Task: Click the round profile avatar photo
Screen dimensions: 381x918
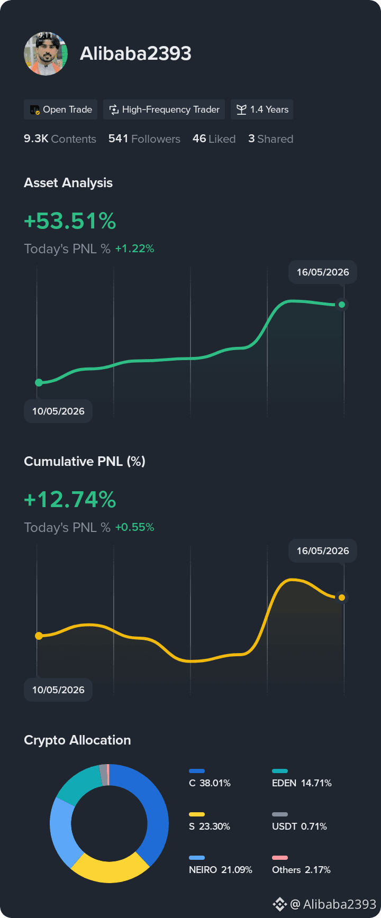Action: [46, 53]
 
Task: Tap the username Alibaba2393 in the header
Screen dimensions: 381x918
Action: [135, 53]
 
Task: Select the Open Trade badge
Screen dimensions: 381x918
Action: [60, 109]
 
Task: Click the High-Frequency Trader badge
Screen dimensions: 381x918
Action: [164, 109]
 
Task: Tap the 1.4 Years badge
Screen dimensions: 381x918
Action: [262, 109]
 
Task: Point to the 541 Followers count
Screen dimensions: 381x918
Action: [144, 139]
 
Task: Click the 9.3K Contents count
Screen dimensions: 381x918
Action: [60, 139]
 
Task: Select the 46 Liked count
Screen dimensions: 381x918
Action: [214, 139]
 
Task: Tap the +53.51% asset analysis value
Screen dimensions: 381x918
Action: [70, 221]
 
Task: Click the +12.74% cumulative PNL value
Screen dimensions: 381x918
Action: [70, 500]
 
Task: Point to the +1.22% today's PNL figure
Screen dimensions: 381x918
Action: [135, 249]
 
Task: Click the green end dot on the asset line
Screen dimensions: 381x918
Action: [342, 305]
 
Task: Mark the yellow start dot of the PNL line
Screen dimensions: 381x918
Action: [39, 636]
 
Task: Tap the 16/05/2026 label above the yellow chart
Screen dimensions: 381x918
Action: [323, 550]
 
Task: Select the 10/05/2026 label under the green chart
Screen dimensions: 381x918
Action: [58, 411]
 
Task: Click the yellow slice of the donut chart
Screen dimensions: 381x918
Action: [110, 868]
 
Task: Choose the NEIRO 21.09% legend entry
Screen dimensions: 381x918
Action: [220, 865]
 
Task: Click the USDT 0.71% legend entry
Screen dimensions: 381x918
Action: [300, 822]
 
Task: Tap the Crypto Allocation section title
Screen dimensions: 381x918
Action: [77, 740]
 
